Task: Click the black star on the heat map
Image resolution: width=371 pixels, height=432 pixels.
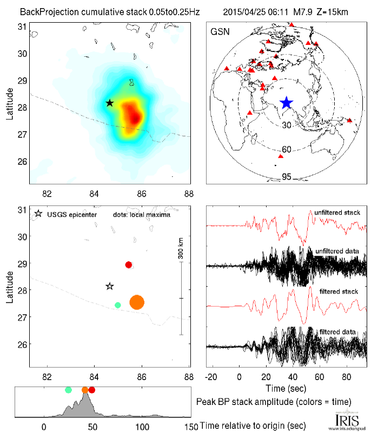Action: tap(110, 103)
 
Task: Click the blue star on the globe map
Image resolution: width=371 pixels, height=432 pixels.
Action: tap(286, 103)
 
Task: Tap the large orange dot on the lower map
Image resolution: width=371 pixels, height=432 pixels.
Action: tap(137, 302)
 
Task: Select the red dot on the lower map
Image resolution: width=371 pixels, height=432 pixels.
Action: tap(129, 264)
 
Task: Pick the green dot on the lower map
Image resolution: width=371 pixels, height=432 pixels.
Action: tap(118, 305)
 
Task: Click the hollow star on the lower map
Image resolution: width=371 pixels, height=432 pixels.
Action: tap(110, 286)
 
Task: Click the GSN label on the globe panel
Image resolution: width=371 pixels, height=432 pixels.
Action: tap(219, 32)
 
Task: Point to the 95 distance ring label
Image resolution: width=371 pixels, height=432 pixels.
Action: tap(287, 177)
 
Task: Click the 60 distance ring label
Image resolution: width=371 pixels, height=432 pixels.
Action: tap(287, 149)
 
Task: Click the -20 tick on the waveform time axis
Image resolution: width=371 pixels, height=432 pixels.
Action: tap(214, 376)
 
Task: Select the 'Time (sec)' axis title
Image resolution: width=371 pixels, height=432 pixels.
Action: tap(287, 388)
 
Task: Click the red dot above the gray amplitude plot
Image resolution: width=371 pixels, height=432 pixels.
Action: tap(92, 390)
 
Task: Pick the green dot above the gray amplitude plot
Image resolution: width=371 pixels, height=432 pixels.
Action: tap(68, 390)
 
